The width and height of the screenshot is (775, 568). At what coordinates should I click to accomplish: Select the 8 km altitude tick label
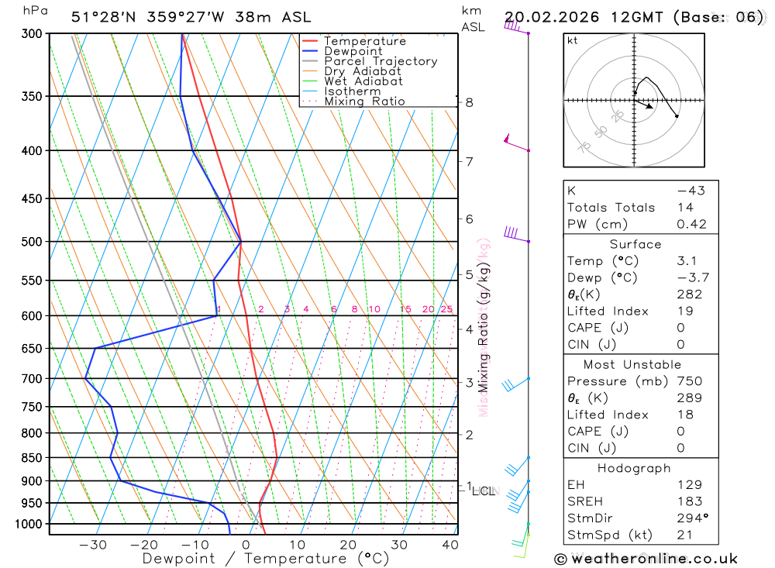tap(469, 102)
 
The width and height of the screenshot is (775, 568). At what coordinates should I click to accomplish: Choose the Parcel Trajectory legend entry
tap(381, 61)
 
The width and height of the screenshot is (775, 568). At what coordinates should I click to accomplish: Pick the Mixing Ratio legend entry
tap(364, 102)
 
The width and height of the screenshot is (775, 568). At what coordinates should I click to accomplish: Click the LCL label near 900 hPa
tap(485, 491)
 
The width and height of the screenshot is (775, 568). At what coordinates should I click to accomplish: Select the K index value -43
tap(690, 191)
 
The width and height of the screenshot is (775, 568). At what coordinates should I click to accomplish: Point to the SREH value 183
tap(689, 501)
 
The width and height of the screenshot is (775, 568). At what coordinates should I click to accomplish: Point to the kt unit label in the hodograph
tap(573, 40)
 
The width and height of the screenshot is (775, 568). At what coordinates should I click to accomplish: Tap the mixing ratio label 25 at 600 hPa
tap(446, 310)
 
